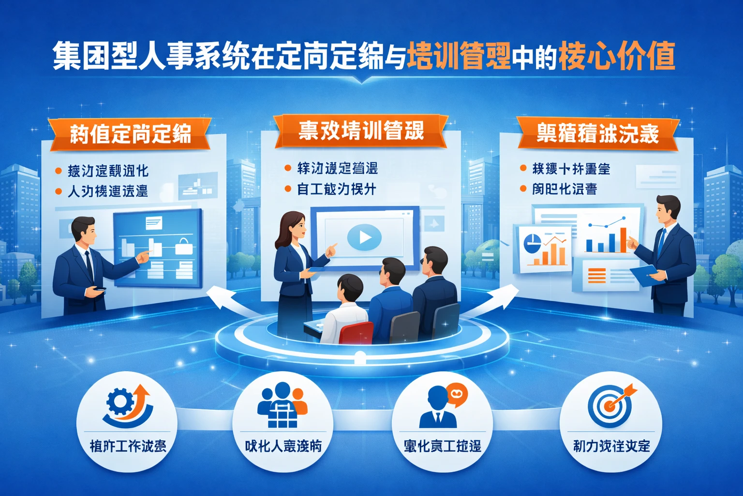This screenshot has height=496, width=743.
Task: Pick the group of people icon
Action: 282,404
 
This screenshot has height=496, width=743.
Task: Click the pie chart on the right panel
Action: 533,243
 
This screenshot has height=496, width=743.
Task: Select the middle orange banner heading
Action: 361,131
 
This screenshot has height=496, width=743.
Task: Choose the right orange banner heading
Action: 598,133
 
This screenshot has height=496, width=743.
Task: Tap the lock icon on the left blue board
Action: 184,247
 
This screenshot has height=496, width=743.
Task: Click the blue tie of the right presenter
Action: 661,242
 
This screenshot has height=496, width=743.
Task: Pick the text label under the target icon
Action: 611,446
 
